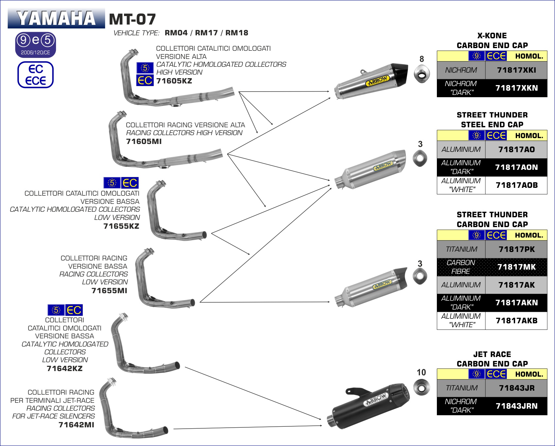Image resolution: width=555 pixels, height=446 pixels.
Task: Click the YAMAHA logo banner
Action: tap(56, 18)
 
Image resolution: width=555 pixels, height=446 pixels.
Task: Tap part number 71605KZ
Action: tap(174, 81)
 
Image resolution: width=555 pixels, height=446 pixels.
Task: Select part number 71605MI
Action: tap(144, 141)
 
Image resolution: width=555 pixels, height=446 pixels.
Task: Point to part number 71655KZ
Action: tap(121, 226)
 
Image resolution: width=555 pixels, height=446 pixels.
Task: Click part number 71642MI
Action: tap(76, 425)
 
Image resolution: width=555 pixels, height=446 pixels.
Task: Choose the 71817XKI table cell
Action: tap(516, 70)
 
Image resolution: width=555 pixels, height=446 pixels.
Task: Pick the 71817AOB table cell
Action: tap(516, 185)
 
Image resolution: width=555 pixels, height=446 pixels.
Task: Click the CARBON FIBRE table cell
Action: tap(461, 267)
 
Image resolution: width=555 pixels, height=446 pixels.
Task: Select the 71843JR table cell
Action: tap(516, 388)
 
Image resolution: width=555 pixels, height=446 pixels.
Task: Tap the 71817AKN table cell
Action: tap(516, 303)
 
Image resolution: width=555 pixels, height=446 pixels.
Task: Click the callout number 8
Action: tap(421, 59)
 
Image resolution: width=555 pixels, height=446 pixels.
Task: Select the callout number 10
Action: tap(421, 372)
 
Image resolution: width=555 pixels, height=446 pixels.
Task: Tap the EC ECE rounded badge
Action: tap(35, 75)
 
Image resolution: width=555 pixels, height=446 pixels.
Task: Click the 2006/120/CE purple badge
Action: tap(35, 45)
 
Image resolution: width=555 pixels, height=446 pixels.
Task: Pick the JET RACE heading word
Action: tap(492, 354)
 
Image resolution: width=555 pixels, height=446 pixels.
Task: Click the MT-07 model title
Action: tap(132, 19)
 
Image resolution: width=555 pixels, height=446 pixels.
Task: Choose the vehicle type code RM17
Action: tap(206, 33)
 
